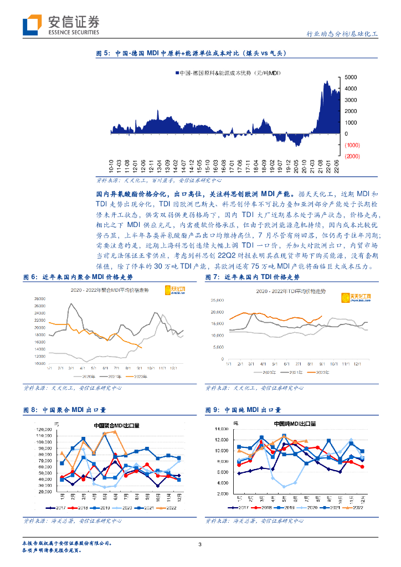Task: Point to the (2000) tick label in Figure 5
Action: (x=352, y=156)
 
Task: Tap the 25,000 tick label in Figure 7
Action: (x=216, y=301)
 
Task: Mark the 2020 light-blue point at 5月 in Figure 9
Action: (x=284, y=487)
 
